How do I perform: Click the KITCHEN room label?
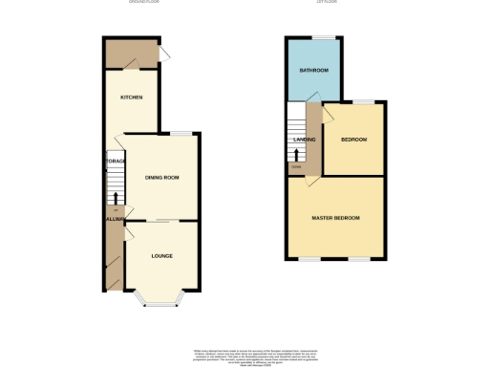131,97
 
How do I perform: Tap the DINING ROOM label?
161,178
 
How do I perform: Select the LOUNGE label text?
161,256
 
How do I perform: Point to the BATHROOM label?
313,71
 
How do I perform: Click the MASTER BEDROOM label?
335,218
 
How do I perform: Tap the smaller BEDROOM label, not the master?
353,140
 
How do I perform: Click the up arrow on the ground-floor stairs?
117,198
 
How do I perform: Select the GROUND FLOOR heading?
144,2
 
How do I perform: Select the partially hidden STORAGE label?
116,162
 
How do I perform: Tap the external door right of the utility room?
163,54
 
